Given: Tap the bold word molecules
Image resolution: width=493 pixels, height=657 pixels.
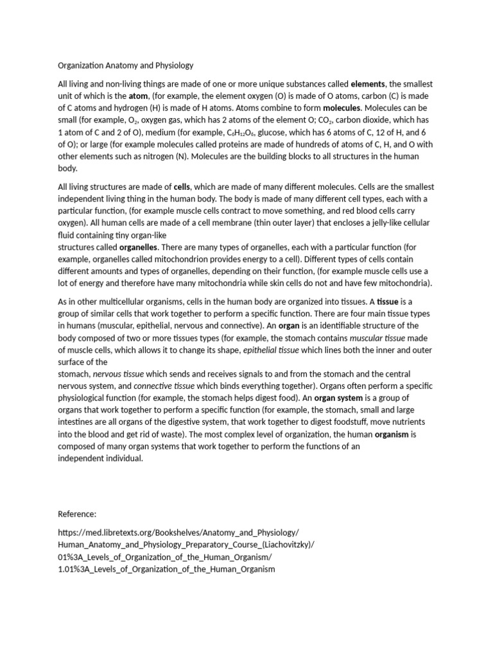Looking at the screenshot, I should click(x=342, y=108).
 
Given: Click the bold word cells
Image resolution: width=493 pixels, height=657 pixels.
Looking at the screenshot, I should click(x=182, y=187).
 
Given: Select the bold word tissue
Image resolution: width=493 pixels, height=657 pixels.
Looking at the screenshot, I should click(x=388, y=302).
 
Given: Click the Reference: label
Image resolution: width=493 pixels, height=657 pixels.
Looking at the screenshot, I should click(x=77, y=514).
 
